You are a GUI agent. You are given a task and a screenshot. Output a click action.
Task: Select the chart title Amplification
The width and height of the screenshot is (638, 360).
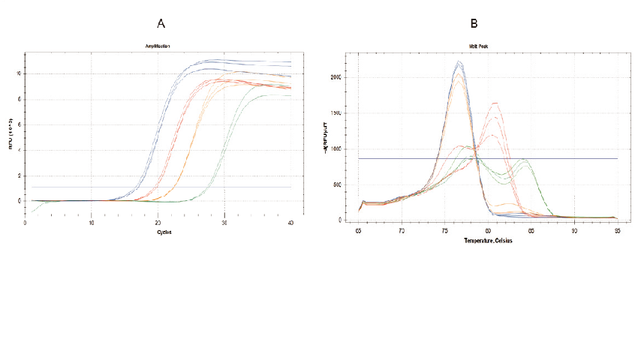tap(158, 46)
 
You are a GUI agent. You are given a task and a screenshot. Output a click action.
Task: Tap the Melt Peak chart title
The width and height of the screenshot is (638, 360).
tap(487, 46)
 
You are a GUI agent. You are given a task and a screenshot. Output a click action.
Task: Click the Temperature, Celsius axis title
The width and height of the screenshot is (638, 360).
tap(487, 241)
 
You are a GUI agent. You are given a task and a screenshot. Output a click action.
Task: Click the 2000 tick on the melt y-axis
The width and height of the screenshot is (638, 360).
tap(338, 77)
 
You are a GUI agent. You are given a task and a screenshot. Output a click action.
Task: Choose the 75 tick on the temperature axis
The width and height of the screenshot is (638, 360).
tap(445, 231)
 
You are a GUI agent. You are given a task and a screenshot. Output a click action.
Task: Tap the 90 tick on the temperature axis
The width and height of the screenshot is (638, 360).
tap(574, 231)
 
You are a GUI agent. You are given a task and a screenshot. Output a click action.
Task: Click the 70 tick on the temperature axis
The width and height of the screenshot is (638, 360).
tap(402, 231)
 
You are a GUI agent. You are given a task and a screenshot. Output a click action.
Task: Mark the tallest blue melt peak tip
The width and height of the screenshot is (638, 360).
tap(459, 62)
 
